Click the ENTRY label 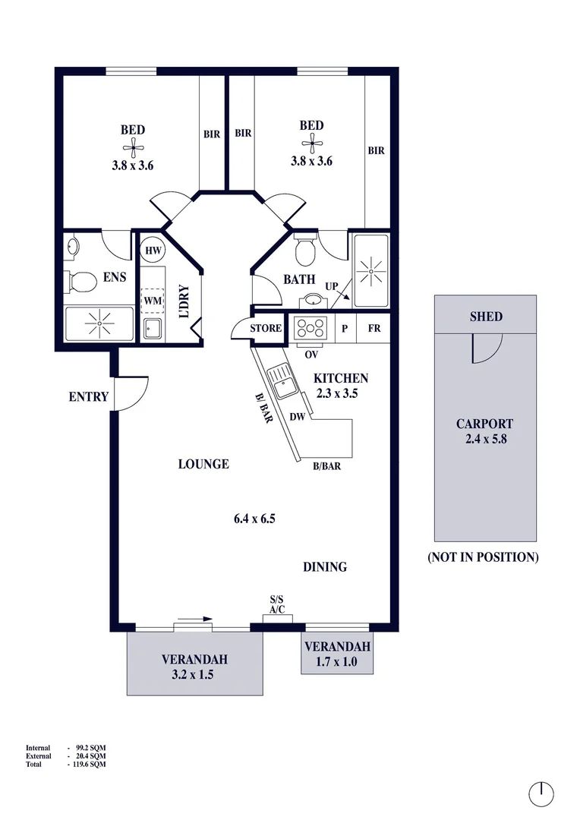[88, 397]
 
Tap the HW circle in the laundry [153, 251]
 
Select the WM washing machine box [153, 301]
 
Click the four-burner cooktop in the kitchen [310, 329]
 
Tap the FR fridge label [374, 329]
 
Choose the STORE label [266, 329]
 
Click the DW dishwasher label [297, 417]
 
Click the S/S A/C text [276, 604]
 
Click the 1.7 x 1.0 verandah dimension [337, 661]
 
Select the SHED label [486, 317]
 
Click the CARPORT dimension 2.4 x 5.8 [486, 439]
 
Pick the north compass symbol [541, 795]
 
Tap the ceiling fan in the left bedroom [133, 148]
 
